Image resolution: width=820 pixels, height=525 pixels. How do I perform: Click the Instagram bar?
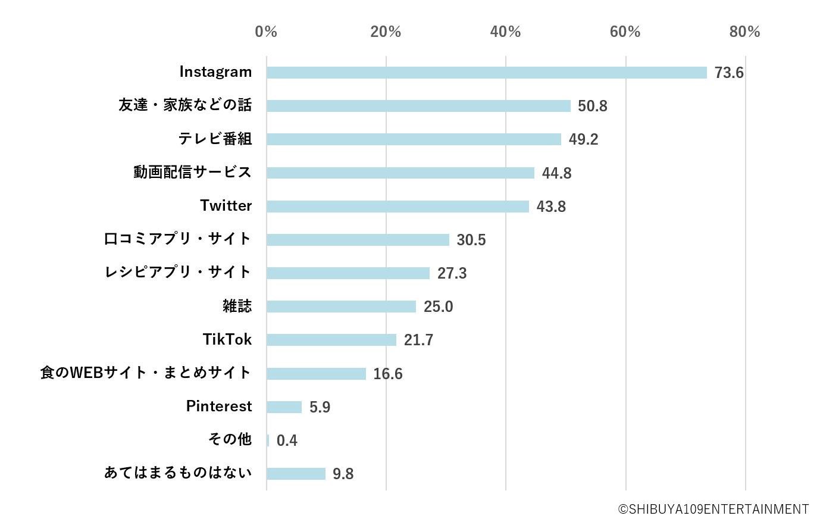(486, 73)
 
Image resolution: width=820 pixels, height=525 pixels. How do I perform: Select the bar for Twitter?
(398, 207)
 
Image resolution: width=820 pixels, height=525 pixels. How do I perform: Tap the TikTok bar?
(331, 340)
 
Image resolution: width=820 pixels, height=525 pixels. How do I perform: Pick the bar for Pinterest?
(284, 407)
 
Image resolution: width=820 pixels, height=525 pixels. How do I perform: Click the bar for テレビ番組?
(414, 139)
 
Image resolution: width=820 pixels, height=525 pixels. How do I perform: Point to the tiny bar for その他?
(268, 440)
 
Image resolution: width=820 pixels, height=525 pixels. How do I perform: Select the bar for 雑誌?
(341, 307)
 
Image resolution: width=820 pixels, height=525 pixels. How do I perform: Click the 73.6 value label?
(729, 73)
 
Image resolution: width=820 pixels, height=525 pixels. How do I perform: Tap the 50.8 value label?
(592, 106)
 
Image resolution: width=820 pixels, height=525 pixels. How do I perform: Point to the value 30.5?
(471, 240)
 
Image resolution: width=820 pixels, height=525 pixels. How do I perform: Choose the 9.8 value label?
(343, 474)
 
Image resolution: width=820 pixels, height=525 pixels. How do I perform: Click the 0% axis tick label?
(266, 32)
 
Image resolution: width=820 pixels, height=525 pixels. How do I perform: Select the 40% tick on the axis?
(505, 32)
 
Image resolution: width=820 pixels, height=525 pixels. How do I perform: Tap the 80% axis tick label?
(744, 32)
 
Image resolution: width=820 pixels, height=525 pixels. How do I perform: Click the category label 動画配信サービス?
(192, 172)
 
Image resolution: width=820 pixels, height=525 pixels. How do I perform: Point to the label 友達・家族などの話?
(185, 105)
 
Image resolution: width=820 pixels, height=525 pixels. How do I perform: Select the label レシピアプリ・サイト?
(178, 272)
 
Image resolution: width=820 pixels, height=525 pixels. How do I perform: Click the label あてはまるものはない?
(178, 473)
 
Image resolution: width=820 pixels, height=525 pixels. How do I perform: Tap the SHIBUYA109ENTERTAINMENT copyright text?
(713, 510)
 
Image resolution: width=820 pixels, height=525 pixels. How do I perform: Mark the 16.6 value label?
(387, 374)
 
